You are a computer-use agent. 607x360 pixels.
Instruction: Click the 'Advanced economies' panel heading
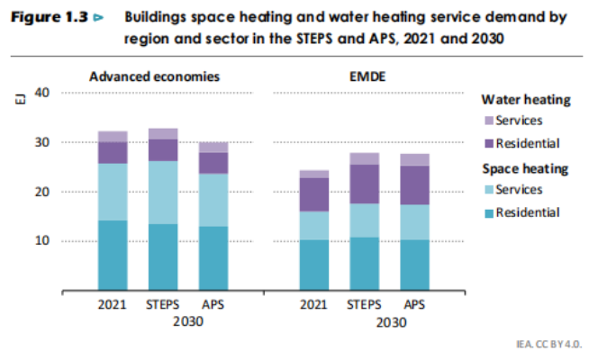(x=154, y=75)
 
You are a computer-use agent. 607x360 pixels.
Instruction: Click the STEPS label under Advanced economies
(x=163, y=304)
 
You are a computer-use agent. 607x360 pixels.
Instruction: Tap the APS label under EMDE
(x=415, y=304)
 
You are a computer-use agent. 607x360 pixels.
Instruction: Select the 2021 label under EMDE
(x=313, y=304)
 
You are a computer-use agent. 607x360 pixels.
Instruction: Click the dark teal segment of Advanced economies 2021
(x=113, y=256)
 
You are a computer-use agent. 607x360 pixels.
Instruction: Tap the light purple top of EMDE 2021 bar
(x=314, y=174)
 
